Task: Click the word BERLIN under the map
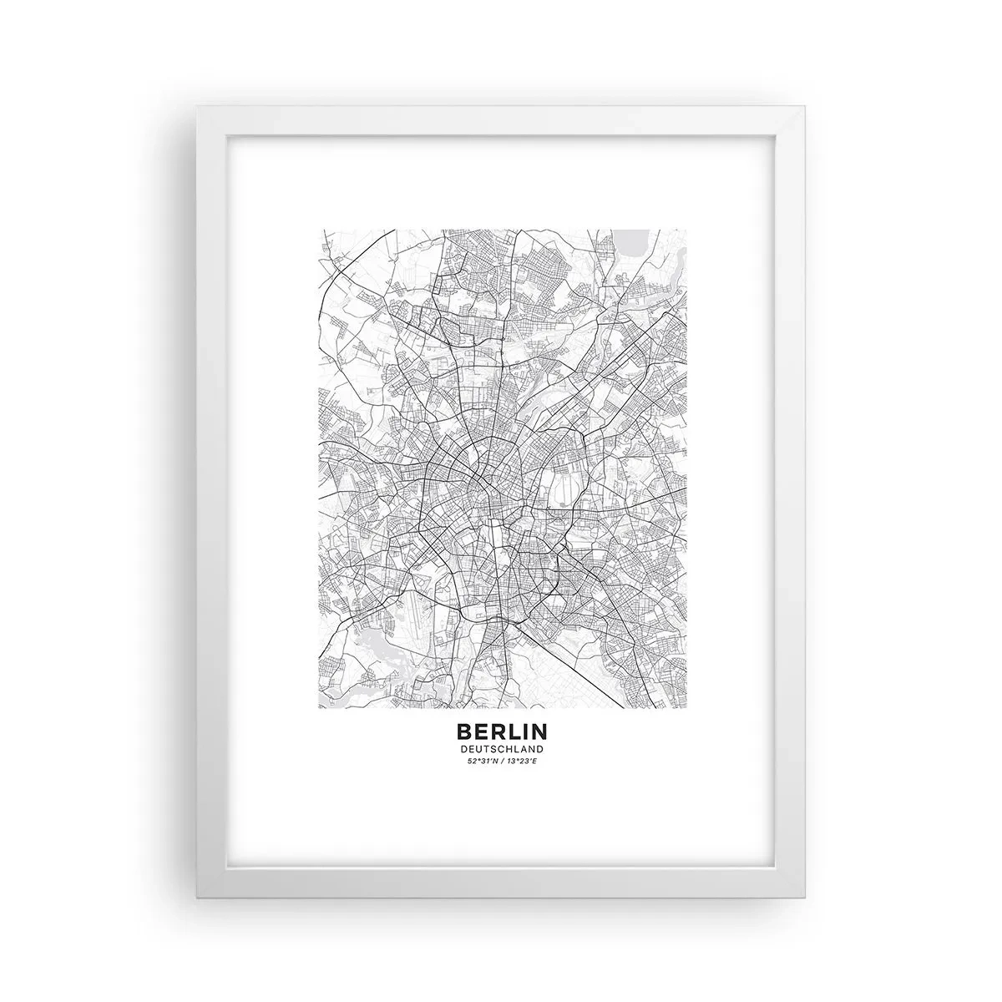[x=501, y=731]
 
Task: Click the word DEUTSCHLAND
[x=501, y=749]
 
